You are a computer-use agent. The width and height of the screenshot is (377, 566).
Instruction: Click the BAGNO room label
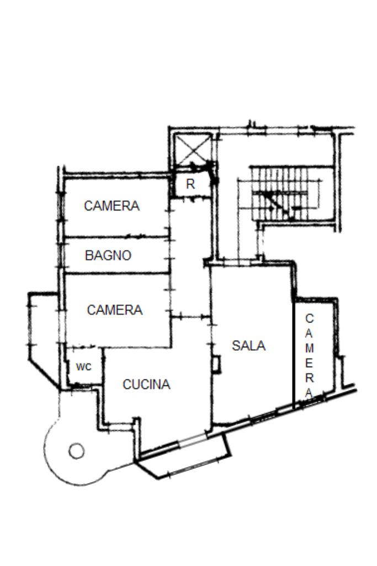[x=108, y=256]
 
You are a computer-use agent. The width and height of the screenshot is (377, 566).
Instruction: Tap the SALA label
[x=248, y=346]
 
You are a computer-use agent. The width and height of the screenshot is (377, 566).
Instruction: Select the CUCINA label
[x=146, y=384]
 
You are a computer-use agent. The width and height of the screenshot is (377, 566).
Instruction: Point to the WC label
[x=83, y=367]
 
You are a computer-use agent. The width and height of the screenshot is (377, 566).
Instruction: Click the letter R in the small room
[x=190, y=184]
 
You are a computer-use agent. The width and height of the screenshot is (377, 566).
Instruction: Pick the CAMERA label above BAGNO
[x=111, y=206]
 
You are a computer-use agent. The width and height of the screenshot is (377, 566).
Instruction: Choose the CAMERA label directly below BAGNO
[x=115, y=310]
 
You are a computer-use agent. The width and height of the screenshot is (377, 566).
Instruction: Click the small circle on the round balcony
[x=77, y=451]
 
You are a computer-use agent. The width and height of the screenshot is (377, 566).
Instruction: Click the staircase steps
[x=284, y=193]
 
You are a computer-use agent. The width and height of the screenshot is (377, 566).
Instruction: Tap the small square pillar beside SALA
[x=217, y=364]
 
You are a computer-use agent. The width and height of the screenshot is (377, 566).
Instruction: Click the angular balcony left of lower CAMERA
[x=43, y=331]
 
